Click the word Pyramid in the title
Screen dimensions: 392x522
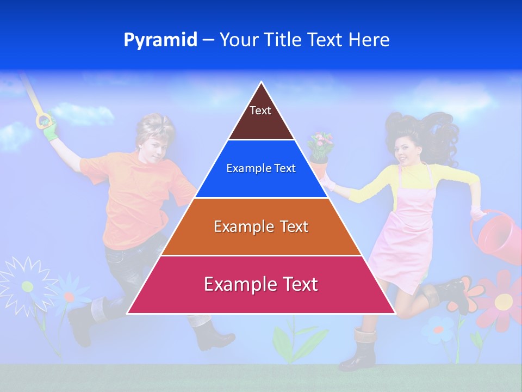[x=160, y=40]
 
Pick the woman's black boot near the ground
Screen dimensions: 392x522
[x=359, y=351]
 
